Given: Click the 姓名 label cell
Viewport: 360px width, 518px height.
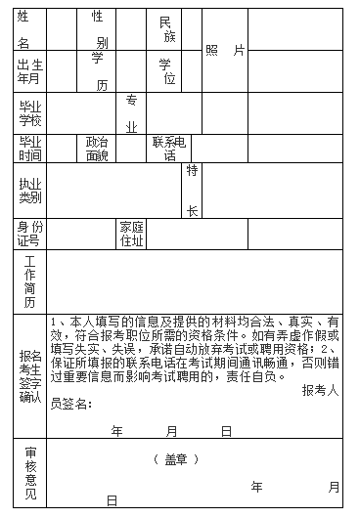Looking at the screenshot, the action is click(x=23, y=29).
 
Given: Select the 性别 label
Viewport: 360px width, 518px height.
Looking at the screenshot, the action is click(x=98, y=29).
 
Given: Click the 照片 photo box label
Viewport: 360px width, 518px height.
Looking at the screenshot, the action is click(x=225, y=50).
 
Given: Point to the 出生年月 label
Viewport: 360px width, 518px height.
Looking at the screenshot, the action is click(x=30, y=71).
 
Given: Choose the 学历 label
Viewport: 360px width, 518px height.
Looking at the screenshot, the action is click(x=98, y=71).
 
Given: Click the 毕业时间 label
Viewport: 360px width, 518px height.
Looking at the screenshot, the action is click(x=30, y=149).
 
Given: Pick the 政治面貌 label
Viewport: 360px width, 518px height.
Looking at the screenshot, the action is click(x=97, y=149).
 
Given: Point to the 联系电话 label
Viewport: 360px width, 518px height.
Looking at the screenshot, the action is click(x=169, y=149).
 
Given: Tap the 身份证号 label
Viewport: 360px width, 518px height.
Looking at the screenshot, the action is click(x=30, y=233).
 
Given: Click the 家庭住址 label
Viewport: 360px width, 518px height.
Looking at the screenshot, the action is click(x=131, y=233).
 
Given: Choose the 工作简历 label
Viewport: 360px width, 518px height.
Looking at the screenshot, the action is click(x=30, y=281).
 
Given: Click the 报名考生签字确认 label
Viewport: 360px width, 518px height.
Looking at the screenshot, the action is click(x=30, y=375).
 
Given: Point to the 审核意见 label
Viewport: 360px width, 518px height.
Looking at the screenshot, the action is click(x=30, y=475).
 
